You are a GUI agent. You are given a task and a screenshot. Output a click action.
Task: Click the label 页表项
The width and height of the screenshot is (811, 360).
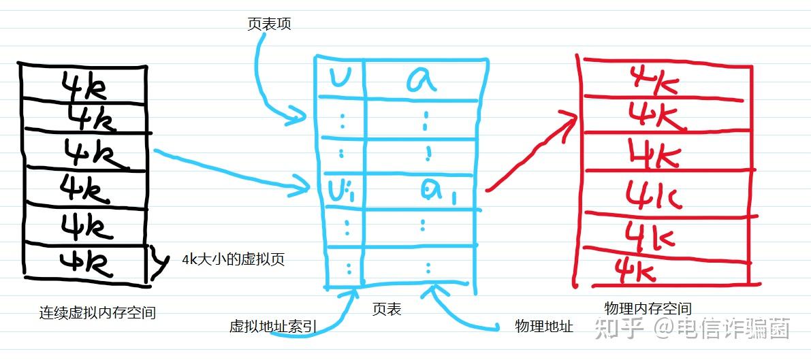pos(270,24)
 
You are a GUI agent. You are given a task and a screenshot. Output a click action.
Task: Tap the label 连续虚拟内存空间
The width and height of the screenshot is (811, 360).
pos(97,313)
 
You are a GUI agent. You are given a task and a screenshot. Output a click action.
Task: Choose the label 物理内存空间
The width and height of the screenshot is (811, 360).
pos(648,308)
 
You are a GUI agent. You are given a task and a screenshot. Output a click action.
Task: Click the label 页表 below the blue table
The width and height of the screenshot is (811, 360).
pos(386,310)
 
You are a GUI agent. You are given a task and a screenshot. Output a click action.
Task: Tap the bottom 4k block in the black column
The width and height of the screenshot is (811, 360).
pos(85,262)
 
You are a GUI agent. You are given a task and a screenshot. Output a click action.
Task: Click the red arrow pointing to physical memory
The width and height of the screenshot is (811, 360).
pos(531,153)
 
